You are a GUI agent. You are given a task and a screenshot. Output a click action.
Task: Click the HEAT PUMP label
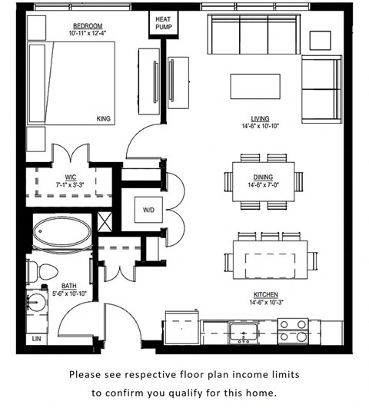(x=163, y=22)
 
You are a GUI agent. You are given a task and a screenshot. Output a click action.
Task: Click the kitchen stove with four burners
(x=292, y=331)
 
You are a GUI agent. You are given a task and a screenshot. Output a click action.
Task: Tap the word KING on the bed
(x=104, y=119)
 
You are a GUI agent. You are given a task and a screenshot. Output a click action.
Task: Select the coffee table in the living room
(x=255, y=85)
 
